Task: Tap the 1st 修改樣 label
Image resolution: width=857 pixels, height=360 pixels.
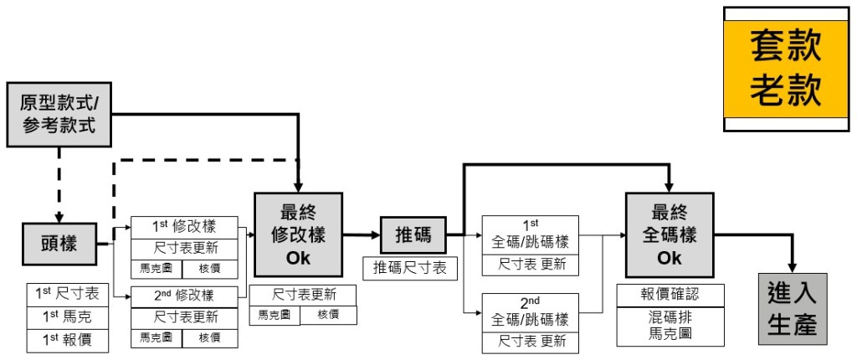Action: click(184, 227)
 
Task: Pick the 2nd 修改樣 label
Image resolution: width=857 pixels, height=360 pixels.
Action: click(184, 296)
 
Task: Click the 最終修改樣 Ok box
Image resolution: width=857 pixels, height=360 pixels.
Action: click(298, 233)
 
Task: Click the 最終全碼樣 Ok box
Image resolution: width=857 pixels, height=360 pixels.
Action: click(670, 233)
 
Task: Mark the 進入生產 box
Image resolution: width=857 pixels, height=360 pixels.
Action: click(792, 309)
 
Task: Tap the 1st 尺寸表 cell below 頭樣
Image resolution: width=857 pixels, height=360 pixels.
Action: click(67, 294)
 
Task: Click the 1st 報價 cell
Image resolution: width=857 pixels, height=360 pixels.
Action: click(67, 341)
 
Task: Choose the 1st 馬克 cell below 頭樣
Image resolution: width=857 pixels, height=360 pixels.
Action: click(67, 317)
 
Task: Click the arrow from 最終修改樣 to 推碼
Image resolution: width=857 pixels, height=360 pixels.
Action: click(360, 237)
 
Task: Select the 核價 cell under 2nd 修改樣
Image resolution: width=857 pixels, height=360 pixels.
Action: click(209, 337)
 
